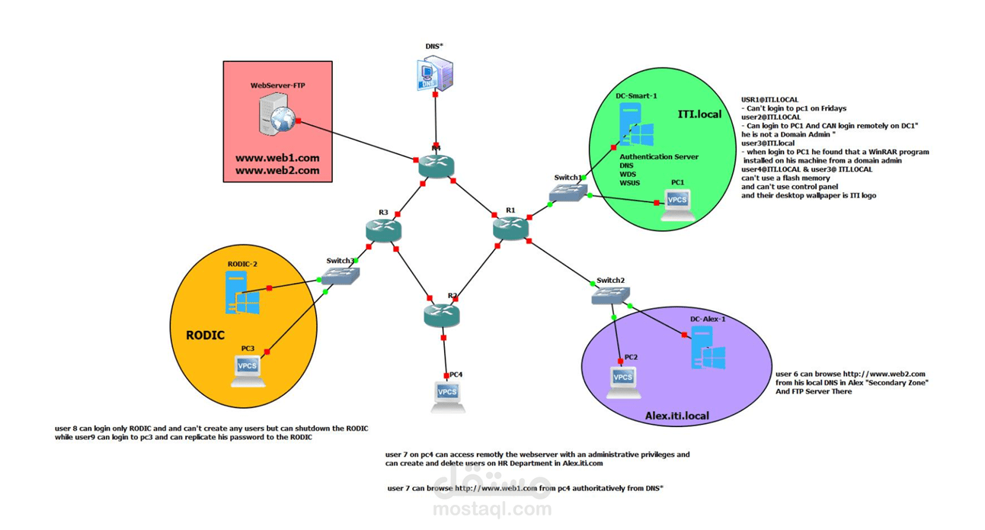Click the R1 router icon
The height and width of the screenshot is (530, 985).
pyautogui.click(x=510, y=227)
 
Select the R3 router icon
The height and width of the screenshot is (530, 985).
pyautogui.click(x=382, y=230)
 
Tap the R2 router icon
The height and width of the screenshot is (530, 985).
pyautogui.click(x=442, y=314)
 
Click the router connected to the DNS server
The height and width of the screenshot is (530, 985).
pyautogui.click(x=436, y=167)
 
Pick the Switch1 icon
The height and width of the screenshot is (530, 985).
pyautogui.click(x=568, y=192)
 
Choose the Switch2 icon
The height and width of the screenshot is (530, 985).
pyautogui.click(x=610, y=295)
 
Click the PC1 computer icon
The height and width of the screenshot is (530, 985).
pyautogui.click(x=676, y=203)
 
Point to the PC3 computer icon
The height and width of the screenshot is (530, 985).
pyautogui.click(x=248, y=370)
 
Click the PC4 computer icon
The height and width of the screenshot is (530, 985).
pyautogui.click(x=447, y=396)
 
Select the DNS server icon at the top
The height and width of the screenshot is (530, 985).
pyautogui.click(x=435, y=73)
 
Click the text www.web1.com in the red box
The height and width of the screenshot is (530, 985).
pyautogui.click(x=277, y=159)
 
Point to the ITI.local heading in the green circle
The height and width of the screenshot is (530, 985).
pyautogui.click(x=699, y=114)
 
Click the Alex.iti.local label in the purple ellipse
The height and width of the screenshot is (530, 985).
pyautogui.click(x=676, y=416)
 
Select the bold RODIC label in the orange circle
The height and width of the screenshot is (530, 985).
pyautogui.click(x=206, y=335)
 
